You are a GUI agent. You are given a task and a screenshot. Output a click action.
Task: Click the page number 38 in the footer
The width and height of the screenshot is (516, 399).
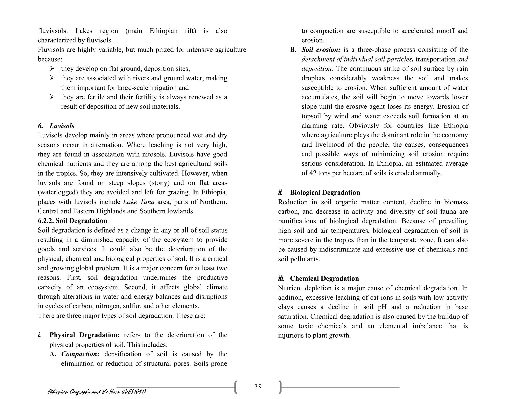click(258, 387)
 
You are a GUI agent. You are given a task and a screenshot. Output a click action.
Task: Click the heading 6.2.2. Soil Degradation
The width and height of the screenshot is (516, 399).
click(72, 221)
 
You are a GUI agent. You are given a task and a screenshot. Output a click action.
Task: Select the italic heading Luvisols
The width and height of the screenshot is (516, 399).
click(62, 126)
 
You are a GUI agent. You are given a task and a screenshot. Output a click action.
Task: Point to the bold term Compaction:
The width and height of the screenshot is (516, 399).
click(80, 354)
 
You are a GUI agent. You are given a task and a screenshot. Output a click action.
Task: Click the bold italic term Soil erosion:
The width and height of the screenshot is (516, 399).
click(321, 50)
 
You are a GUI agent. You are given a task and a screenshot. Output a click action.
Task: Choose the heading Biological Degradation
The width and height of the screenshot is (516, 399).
click(325, 193)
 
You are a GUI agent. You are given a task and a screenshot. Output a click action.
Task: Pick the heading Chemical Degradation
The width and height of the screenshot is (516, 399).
click(324, 278)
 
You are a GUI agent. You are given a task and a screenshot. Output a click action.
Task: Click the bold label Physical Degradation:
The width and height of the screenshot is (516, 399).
click(85, 335)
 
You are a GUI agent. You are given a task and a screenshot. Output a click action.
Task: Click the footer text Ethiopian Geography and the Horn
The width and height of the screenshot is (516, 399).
click(96, 392)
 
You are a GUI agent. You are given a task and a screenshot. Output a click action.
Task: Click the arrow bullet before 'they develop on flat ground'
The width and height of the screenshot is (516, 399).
click(52, 68)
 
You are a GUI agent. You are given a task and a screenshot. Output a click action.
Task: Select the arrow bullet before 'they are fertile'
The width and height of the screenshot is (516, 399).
click(52, 97)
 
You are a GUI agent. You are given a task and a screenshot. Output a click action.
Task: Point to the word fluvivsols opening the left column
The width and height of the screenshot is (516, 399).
click(53, 31)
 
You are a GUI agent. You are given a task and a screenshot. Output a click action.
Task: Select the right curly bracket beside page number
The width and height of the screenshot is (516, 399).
click(280, 387)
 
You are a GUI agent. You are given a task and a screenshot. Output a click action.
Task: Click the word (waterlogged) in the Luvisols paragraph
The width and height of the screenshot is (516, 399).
click(58, 192)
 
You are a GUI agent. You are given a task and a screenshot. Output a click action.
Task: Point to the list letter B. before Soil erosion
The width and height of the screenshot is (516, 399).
click(293, 50)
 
